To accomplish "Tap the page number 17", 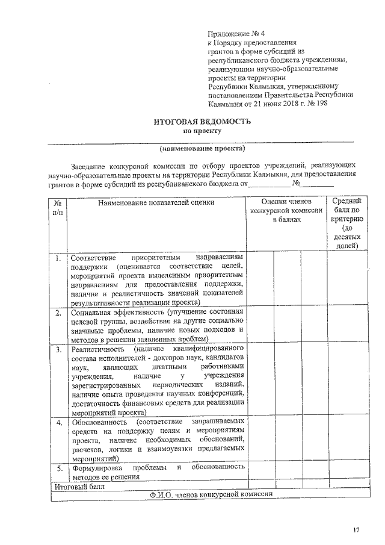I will click(356, 529).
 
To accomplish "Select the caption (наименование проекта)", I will click(202, 148).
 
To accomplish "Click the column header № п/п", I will click(58, 208).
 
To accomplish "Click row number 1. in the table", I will click(58, 259).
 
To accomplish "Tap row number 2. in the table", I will click(58, 313).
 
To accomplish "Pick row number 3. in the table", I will click(58, 350).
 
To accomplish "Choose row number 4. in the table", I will click(58, 423).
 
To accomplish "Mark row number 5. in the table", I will click(58, 468).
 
